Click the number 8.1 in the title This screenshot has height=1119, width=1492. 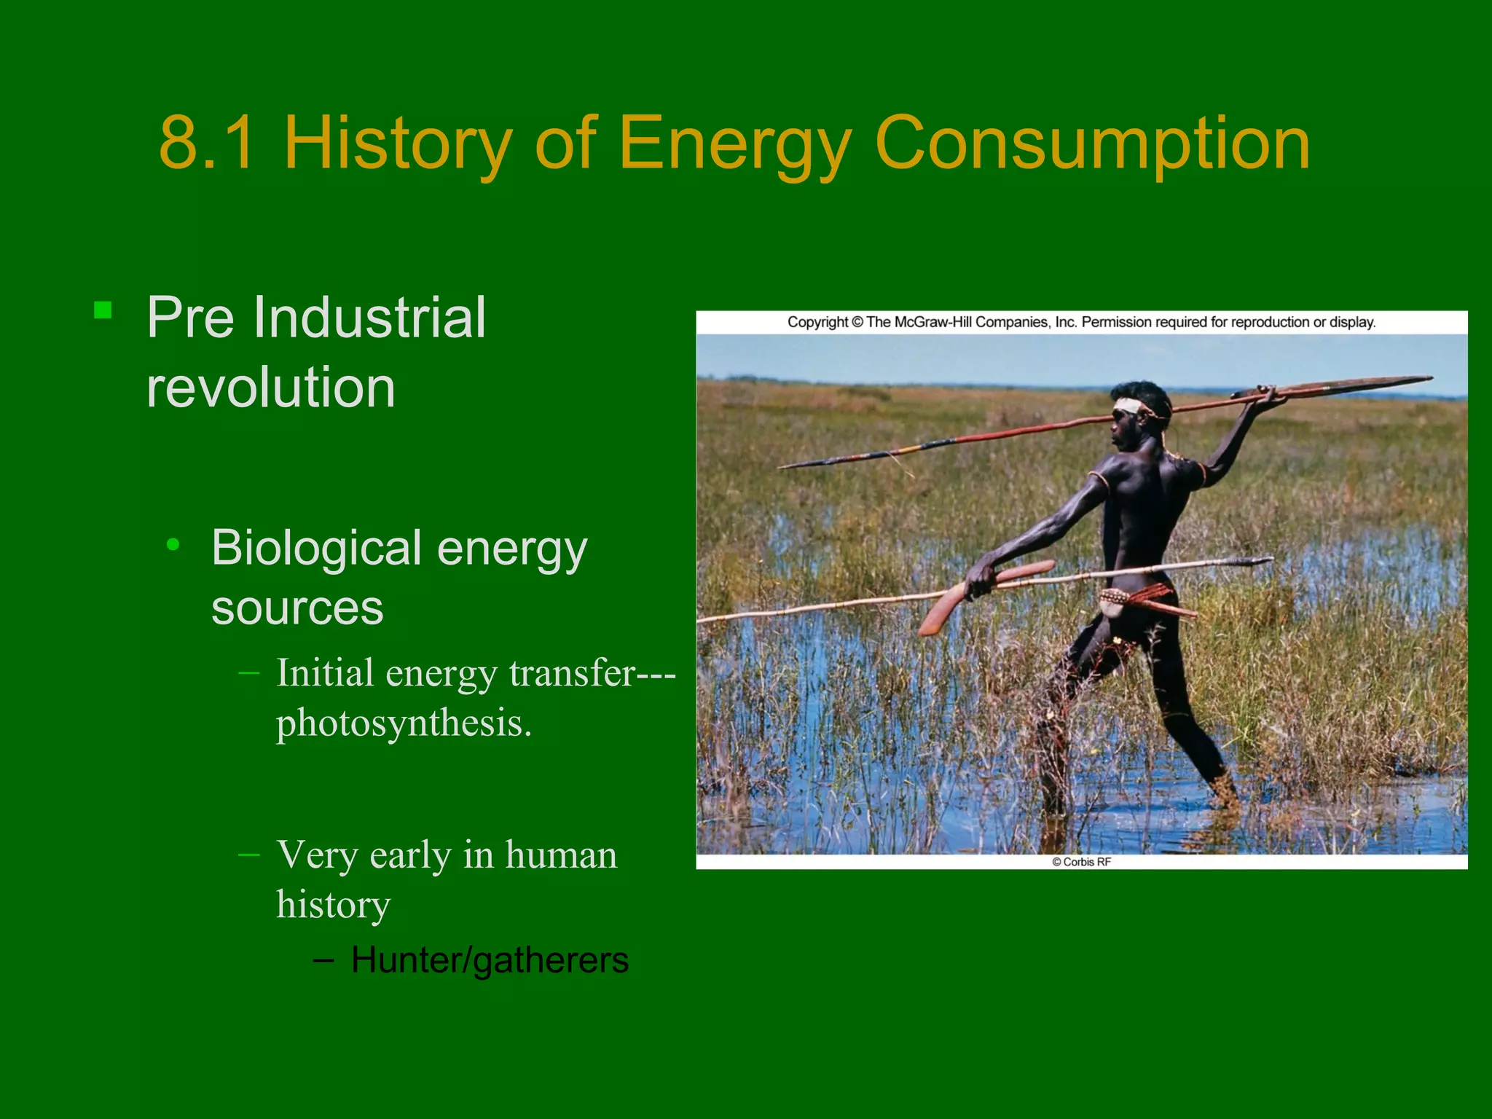(x=208, y=144)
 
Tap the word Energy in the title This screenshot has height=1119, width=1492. (x=734, y=144)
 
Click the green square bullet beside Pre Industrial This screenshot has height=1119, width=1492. (x=103, y=311)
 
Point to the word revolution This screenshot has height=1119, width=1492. (x=271, y=387)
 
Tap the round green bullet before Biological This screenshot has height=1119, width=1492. (x=173, y=544)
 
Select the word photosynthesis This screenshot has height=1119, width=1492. (x=403, y=723)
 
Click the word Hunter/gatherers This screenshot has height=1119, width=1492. (x=490, y=960)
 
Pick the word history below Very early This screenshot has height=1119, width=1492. (x=334, y=905)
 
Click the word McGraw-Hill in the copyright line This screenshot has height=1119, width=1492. (x=932, y=322)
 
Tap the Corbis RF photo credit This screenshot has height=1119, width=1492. (x=1081, y=862)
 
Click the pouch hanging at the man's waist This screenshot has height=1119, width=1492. (x=1115, y=602)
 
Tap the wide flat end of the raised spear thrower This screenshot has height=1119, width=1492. (x=1348, y=385)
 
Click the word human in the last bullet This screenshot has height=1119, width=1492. (x=560, y=855)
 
